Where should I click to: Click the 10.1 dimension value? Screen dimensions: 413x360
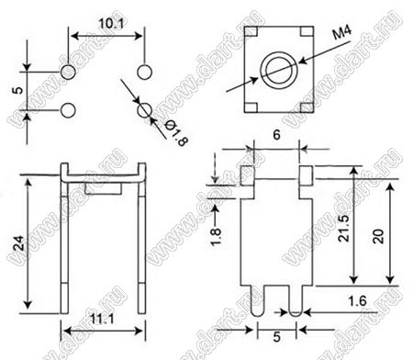(x=111, y=24)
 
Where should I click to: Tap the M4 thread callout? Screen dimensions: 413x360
(x=342, y=32)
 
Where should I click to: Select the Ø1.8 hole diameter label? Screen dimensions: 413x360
(x=175, y=133)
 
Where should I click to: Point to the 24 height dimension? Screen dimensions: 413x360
(x=19, y=243)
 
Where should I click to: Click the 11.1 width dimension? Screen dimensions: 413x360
(x=102, y=319)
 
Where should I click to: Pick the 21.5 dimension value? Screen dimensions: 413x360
(x=344, y=228)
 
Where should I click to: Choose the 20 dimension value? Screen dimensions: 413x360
(x=378, y=236)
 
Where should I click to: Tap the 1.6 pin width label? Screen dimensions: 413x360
(x=357, y=301)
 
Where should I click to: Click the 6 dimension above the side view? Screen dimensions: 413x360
(x=276, y=135)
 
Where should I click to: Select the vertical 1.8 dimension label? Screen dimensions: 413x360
(x=216, y=237)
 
